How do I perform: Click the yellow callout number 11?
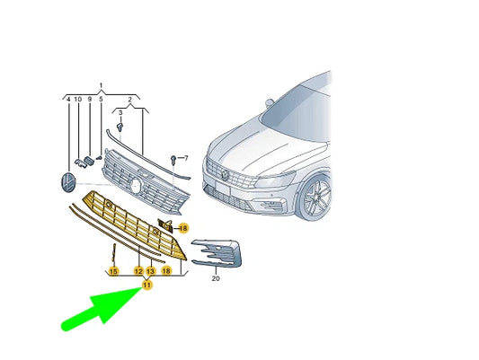147,285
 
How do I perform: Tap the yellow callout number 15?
113,271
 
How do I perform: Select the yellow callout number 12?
138,271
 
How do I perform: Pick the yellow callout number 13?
151,271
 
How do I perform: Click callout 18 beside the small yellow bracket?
183,228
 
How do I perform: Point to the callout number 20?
216,278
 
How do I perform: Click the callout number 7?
186,158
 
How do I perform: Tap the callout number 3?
120,113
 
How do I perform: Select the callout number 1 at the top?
102,85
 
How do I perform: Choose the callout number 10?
78,99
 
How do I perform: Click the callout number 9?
90,99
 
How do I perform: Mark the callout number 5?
101,99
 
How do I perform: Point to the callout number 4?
68,99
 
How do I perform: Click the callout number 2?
129,99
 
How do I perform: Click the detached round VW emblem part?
67,182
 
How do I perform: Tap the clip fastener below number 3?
120,127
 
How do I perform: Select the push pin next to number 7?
173,159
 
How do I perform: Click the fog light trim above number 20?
217,253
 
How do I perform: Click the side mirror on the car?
269,102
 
